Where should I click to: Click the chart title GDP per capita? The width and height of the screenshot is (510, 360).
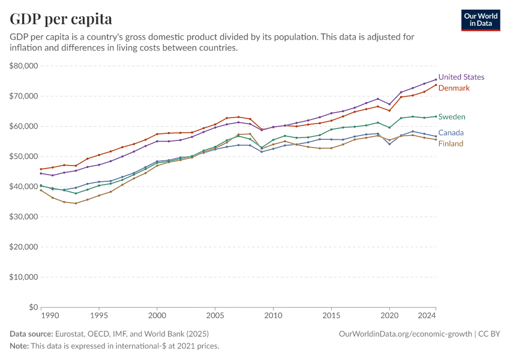61,19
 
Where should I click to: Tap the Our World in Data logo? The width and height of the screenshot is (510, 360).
481,20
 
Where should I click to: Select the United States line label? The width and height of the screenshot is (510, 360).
461,77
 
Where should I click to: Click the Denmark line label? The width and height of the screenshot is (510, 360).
454,88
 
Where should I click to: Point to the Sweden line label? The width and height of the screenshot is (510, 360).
452,117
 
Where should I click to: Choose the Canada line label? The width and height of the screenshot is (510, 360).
451,133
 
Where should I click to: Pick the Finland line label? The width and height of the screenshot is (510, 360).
451,144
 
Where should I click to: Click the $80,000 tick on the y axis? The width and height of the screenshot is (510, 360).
24,66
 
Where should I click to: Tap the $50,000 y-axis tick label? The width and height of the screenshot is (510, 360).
24,157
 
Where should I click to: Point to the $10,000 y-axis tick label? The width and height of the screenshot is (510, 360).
24,277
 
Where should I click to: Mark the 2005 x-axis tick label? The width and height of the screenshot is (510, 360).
215,315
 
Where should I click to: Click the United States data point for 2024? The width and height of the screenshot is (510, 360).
436,80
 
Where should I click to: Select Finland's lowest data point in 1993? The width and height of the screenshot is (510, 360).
76,203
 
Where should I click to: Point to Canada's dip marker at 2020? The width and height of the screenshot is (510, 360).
389,144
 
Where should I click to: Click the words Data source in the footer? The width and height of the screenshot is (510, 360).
31,334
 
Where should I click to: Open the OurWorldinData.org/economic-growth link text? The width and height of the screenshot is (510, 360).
406,334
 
